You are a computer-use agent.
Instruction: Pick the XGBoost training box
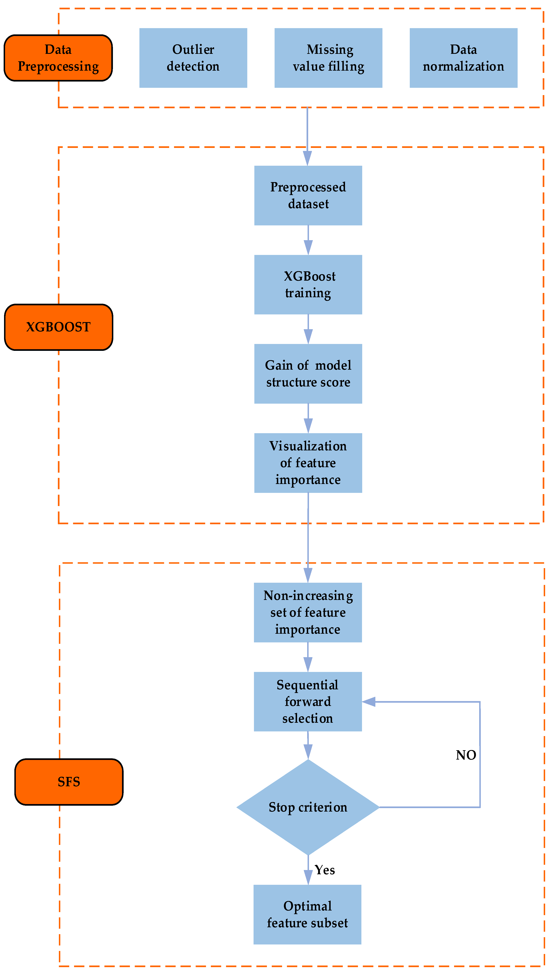(308, 284)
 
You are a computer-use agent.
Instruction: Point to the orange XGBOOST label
(58, 327)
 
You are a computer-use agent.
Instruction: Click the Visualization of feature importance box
(308, 463)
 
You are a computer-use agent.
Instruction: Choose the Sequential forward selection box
(308, 701)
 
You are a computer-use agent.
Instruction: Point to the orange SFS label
(69, 782)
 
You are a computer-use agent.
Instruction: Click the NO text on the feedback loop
(466, 755)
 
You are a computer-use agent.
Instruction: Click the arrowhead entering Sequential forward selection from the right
(369, 702)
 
